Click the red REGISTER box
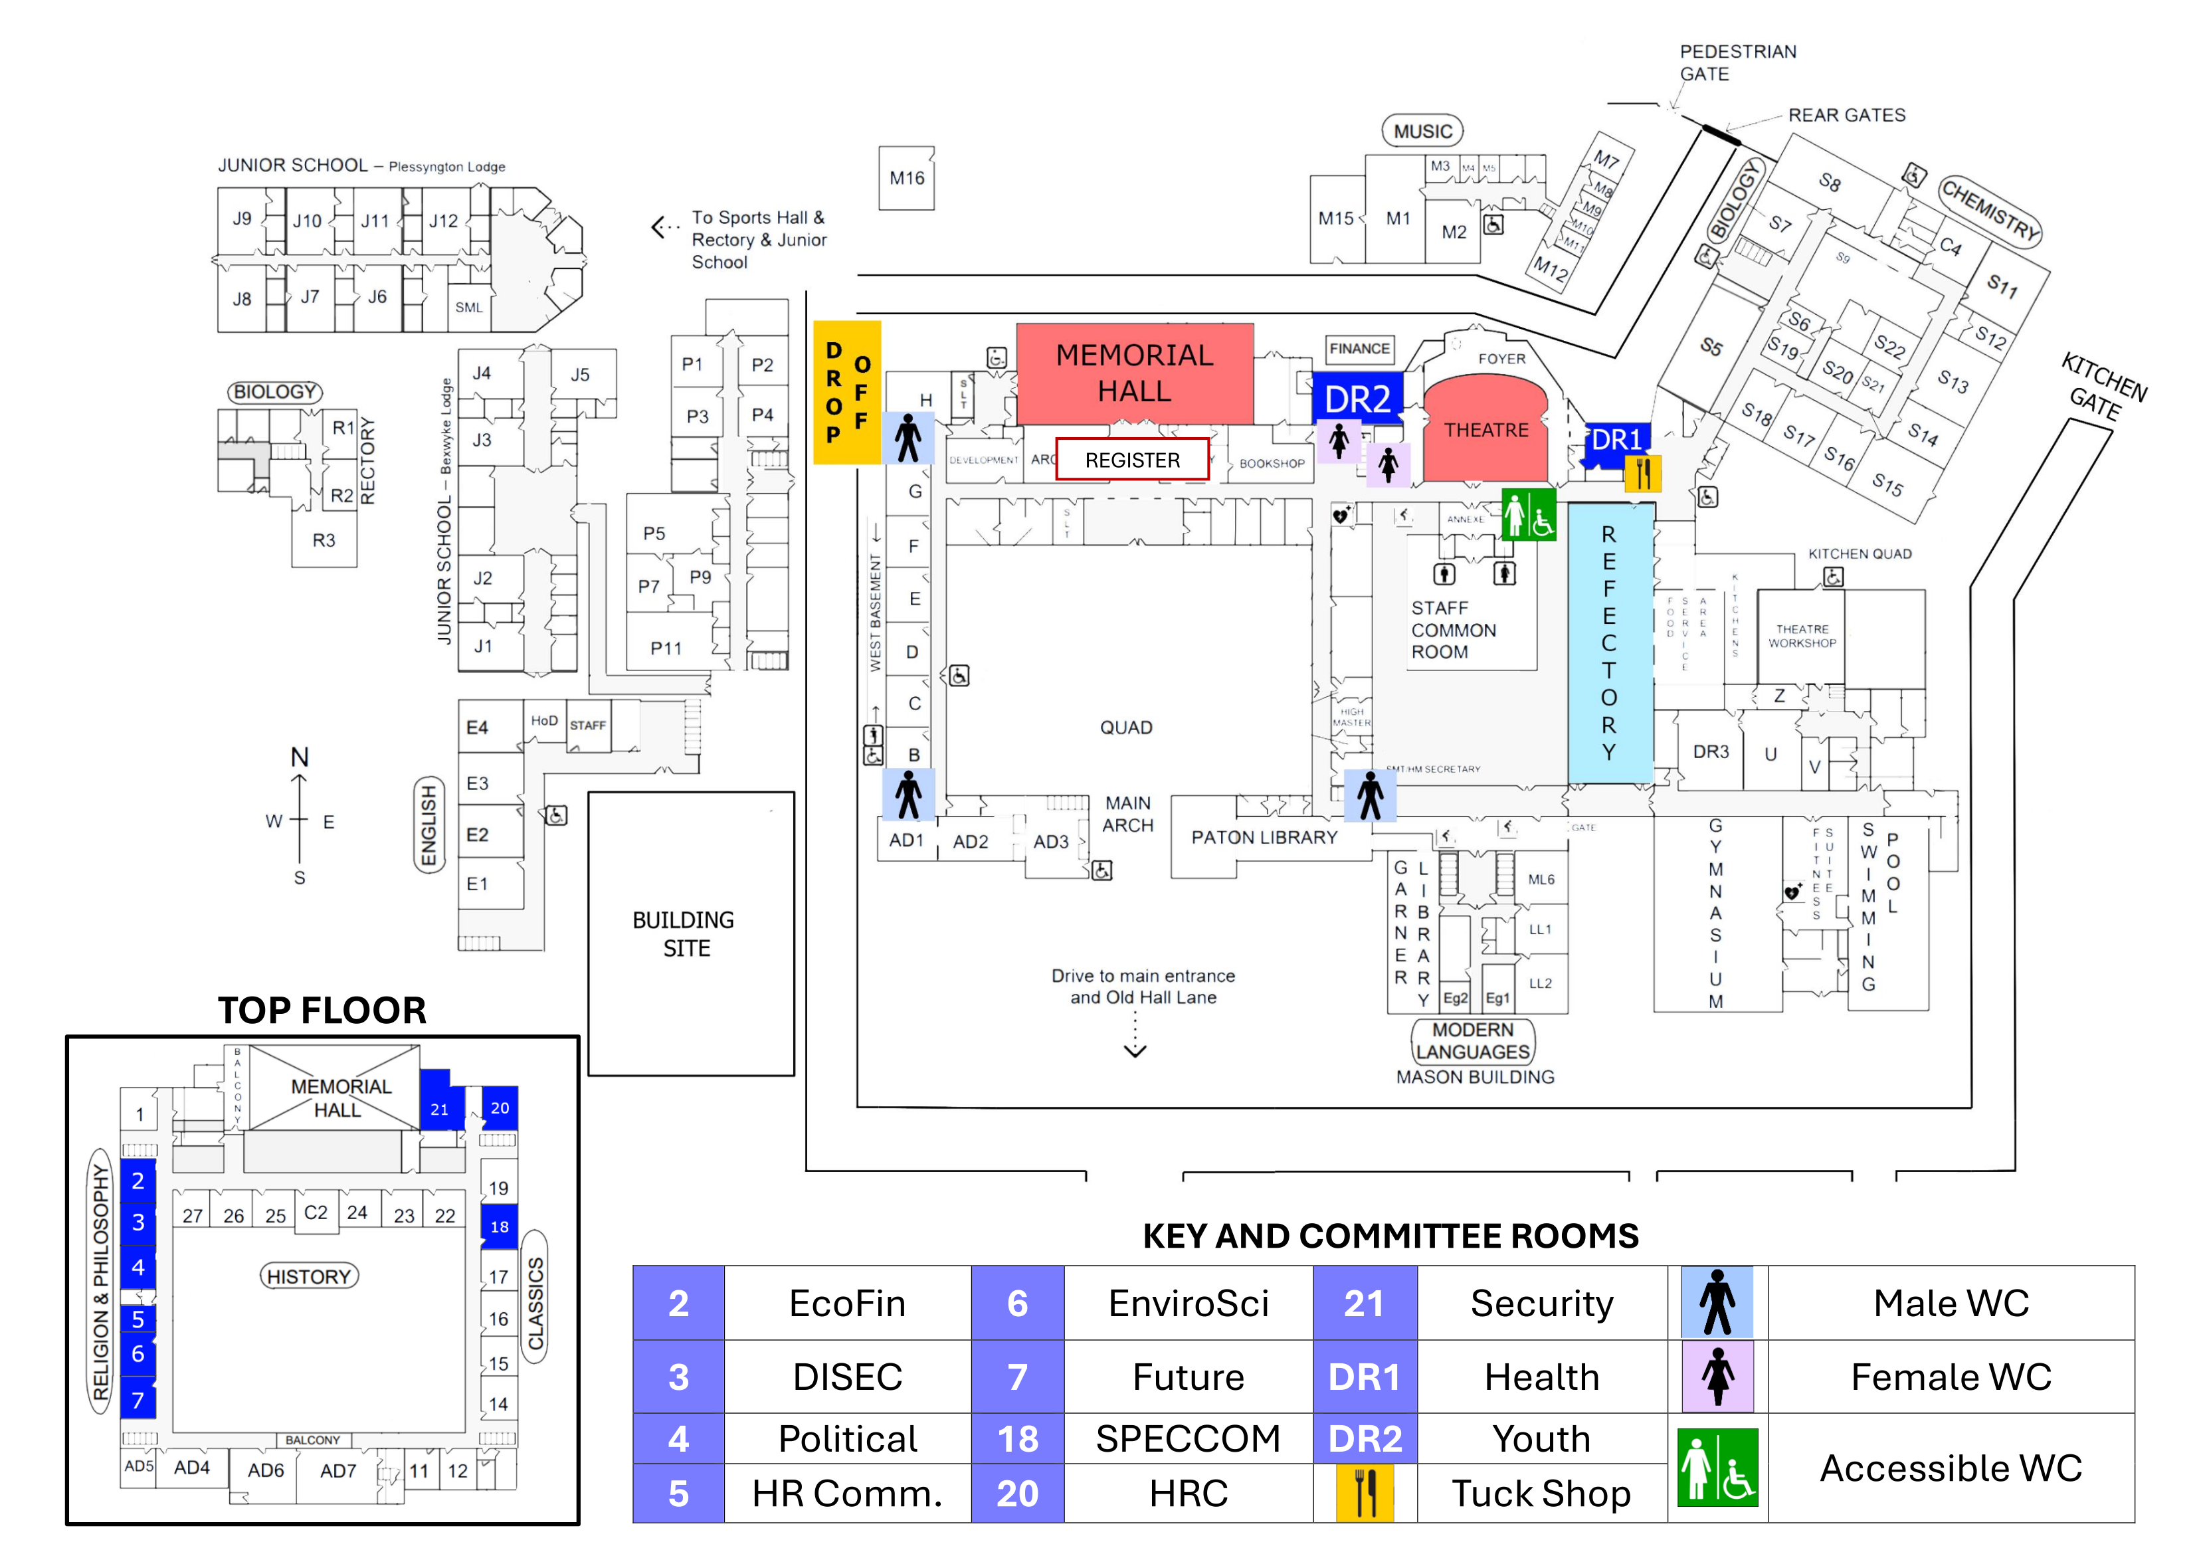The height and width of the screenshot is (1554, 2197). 1132,460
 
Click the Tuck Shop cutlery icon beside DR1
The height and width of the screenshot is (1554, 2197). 1643,472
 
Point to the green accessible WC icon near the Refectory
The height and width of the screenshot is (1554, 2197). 1528,515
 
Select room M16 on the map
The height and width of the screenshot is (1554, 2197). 906,178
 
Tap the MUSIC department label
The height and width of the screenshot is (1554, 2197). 1422,131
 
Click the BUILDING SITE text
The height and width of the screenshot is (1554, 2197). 685,934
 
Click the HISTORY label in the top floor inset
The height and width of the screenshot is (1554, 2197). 309,1276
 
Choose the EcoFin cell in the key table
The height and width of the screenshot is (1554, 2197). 847,1304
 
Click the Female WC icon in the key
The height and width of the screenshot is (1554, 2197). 1717,1377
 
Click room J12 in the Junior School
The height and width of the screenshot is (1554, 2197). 443,221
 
